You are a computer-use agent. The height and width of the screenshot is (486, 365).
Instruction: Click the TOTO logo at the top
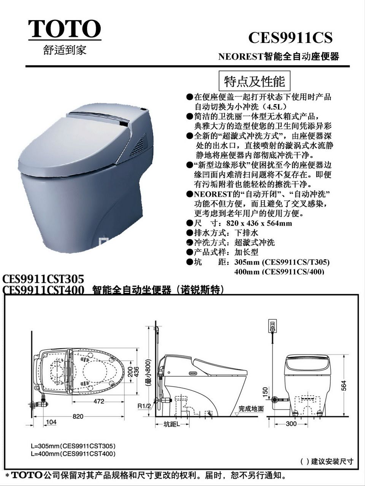(x=65, y=29)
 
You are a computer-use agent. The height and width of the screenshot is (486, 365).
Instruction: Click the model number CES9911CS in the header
(x=290, y=38)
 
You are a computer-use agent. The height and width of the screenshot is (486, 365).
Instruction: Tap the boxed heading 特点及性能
(x=254, y=81)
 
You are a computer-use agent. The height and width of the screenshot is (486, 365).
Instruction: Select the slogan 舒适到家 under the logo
(x=65, y=50)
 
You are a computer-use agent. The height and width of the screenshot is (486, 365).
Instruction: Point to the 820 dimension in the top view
(x=78, y=416)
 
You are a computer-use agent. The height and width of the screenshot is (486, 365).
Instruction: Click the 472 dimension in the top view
(x=98, y=401)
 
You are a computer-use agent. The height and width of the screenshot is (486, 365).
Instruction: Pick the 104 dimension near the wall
(x=51, y=422)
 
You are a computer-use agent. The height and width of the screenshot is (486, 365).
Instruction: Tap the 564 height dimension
(x=343, y=385)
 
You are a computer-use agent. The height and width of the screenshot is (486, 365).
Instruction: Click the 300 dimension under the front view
(x=291, y=424)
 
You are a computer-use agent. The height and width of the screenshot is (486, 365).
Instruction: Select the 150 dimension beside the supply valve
(x=265, y=391)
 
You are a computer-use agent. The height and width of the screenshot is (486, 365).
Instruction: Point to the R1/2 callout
(x=144, y=406)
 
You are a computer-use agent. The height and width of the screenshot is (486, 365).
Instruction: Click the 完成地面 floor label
(x=251, y=409)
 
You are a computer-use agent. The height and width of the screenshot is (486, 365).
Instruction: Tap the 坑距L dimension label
(x=172, y=424)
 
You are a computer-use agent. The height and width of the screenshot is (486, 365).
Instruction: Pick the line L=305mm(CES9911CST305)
(x=73, y=446)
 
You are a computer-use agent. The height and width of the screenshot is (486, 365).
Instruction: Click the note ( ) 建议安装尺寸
(x=327, y=461)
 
